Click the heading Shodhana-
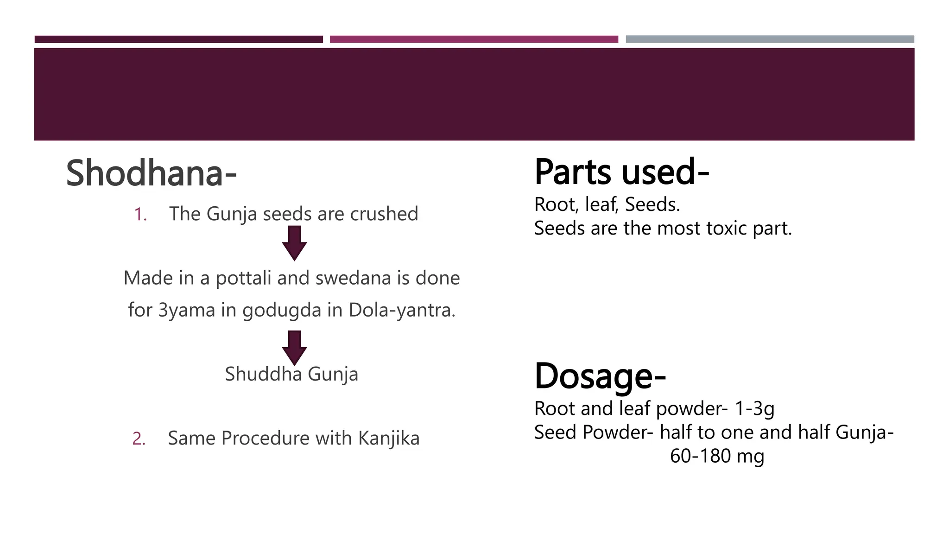coord(151,173)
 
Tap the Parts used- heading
coord(621,172)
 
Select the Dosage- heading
coord(600,376)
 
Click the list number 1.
coord(140,215)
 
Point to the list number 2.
coord(139,439)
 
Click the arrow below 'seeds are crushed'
coord(294,242)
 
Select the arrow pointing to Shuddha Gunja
coord(294,347)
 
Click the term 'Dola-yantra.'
coord(402,310)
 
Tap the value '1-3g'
coord(754,408)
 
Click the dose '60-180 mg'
coord(717,456)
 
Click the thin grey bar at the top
coord(770,39)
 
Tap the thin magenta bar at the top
coord(474,39)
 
